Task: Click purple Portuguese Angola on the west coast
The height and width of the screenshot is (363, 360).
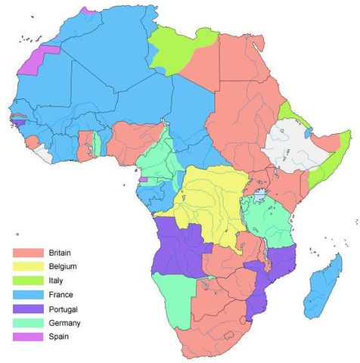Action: coord(178,246)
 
